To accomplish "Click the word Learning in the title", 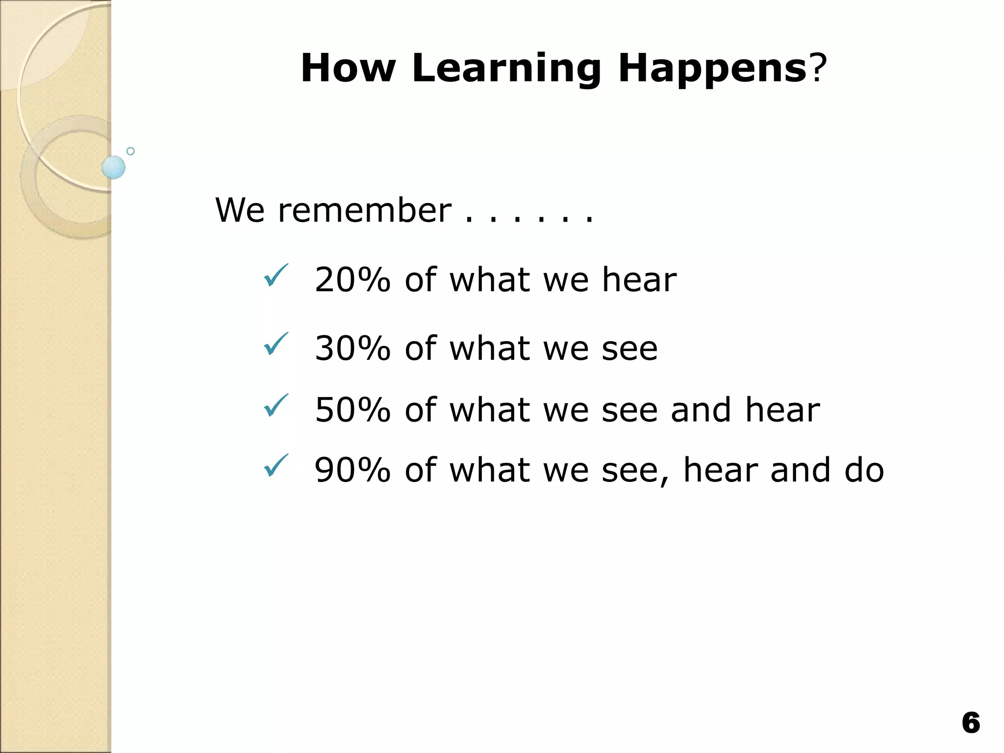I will pos(506,69).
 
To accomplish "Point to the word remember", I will pos(364,211).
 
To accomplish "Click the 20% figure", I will pos(352,280).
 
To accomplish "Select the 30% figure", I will pos(352,349).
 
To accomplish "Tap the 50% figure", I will pos(352,410).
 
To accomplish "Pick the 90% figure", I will pos(352,470).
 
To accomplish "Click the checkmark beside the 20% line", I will pos(276,276).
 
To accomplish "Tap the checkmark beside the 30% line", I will pos(276,344).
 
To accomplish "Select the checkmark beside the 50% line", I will pos(276,405).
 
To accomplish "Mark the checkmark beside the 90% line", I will pos(276,466).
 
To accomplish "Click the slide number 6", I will pos(971,723).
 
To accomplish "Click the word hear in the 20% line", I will pos(639,280).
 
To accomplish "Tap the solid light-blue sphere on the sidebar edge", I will pos(114,167).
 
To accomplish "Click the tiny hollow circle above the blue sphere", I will pos(130,151).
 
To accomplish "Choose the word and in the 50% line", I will pos(701,410).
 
